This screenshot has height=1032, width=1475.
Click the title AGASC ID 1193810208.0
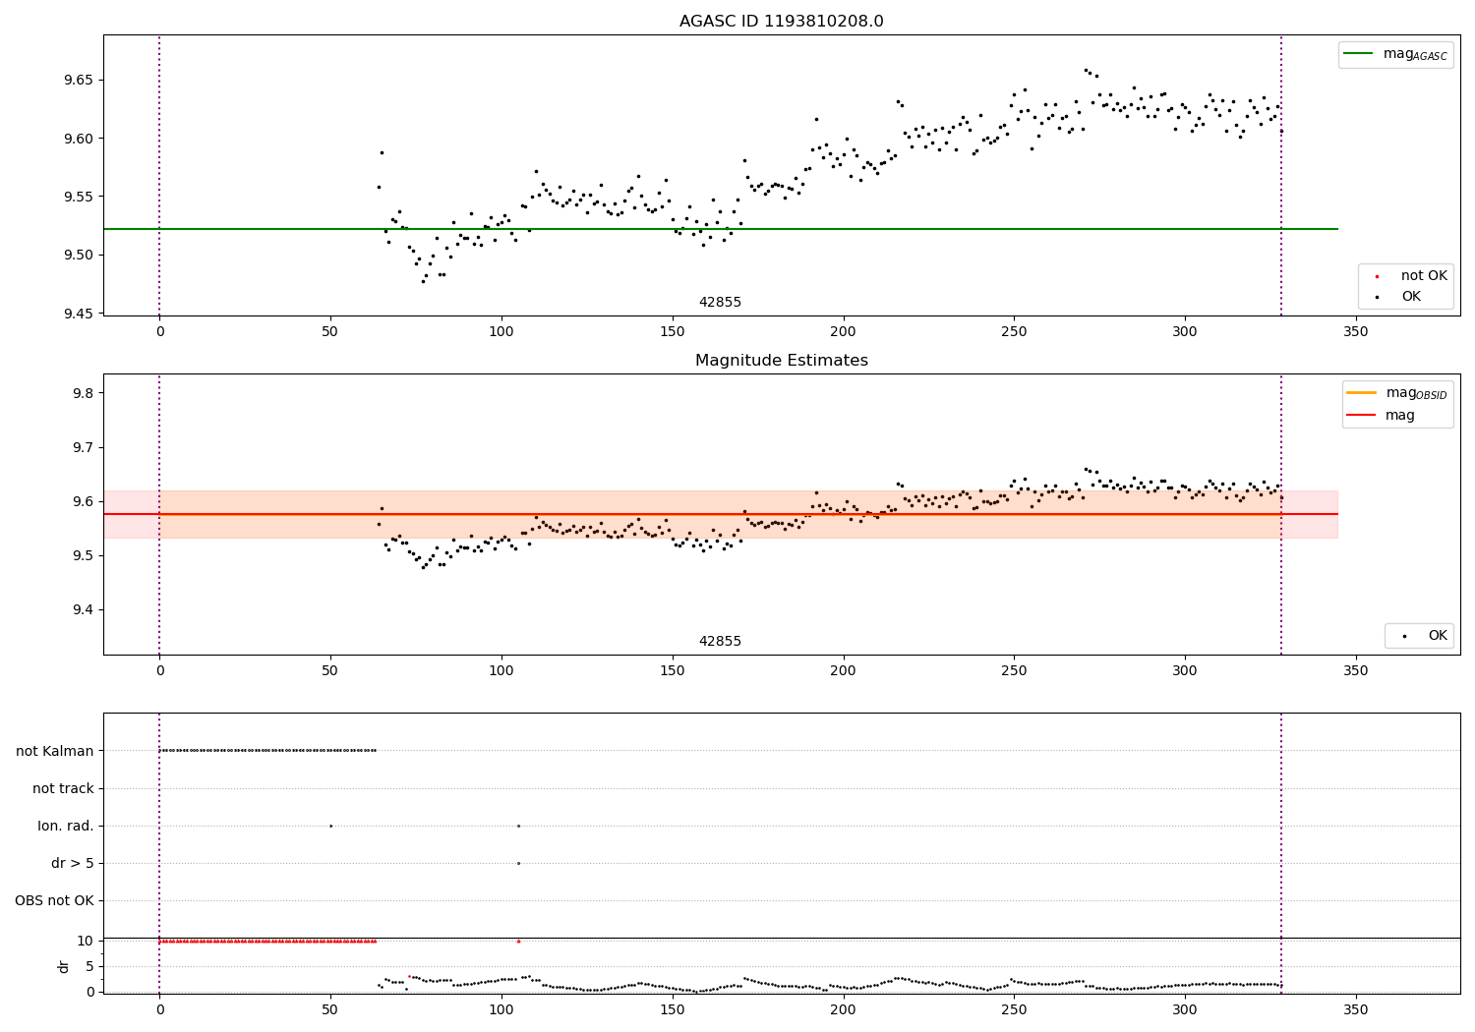pos(781,22)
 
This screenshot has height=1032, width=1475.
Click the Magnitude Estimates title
pos(781,361)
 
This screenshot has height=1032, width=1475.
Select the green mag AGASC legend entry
pos(1394,54)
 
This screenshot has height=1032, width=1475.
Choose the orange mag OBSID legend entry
pos(1396,393)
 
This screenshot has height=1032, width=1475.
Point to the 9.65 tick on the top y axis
pos(79,80)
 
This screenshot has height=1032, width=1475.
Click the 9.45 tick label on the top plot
pos(79,314)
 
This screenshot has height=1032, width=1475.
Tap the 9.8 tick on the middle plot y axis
pos(83,393)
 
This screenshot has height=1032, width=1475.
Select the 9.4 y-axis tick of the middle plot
pos(83,609)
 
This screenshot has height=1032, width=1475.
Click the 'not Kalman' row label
pos(55,751)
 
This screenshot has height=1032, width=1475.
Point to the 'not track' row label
pos(63,788)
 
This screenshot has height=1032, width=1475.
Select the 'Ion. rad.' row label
pos(66,826)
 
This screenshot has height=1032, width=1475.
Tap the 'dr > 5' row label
pos(73,863)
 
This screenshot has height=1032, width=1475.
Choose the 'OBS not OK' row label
pos(54,900)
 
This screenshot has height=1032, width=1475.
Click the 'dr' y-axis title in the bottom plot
pos(64,966)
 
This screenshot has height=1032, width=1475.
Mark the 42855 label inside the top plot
pos(720,302)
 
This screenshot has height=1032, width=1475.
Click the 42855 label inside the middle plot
pos(720,641)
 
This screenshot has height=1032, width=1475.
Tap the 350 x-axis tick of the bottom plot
pos(1356,1009)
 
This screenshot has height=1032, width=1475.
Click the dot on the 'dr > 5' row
pos(518,863)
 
